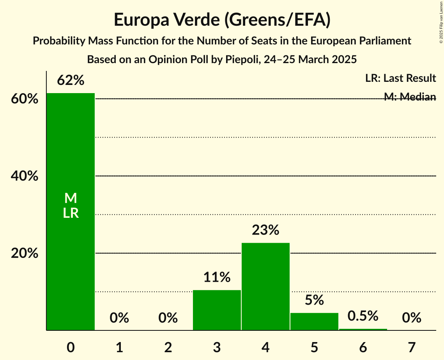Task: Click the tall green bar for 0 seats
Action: [71, 156]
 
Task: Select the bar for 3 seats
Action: [217, 310]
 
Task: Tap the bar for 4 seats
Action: [265, 287]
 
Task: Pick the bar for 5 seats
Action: [314, 322]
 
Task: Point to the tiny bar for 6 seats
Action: [363, 330]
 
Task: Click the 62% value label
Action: [71, 81]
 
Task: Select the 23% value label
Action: [265, 230]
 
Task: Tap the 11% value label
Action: [217, 277]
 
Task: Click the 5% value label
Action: [314, 300]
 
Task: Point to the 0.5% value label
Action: [363, 316]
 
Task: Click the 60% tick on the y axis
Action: [25, 99]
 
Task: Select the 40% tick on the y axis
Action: [25, 176]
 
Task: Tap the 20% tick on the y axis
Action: [25, 253]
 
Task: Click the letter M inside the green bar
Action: [71, 199]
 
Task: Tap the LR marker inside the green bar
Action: [71, 213]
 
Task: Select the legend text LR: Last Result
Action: [400, 78]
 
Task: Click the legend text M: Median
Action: [410, 97]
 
